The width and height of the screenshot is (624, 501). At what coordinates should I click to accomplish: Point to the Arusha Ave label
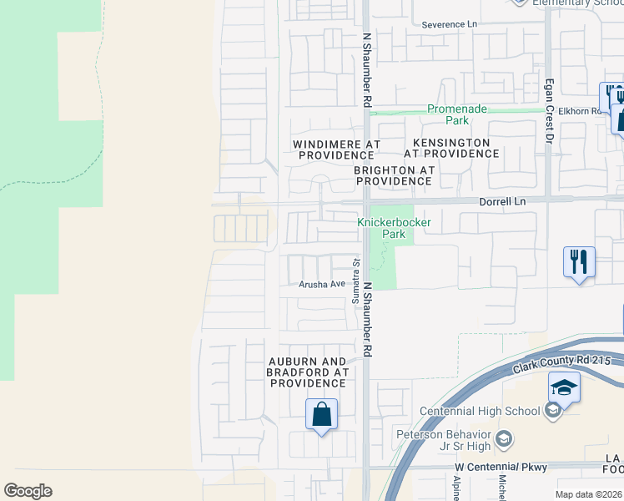pyautogui.click(x=323, y=285)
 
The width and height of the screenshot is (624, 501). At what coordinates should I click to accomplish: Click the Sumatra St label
pyautogui.click(x=355, y=275)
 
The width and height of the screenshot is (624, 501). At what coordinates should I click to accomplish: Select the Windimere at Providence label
pyautogui.click(x=335, y=149)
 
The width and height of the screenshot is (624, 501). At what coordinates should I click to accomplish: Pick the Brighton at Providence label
pyautogui.click(x=394, y=175)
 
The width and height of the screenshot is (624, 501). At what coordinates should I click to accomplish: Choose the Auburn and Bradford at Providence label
pyautogui.click(x=307, y=372)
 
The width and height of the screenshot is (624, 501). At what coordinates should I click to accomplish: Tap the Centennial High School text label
pyautogui.click(x=480, y=411)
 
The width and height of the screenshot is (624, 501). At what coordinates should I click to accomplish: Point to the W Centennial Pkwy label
pyautogui.click(x=501, y=466)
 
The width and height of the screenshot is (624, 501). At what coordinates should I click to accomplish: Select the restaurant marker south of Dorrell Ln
pyautogui.click(x=578, y=262)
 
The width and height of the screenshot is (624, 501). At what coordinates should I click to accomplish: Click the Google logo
pyautogui.click(x=28, y=491)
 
